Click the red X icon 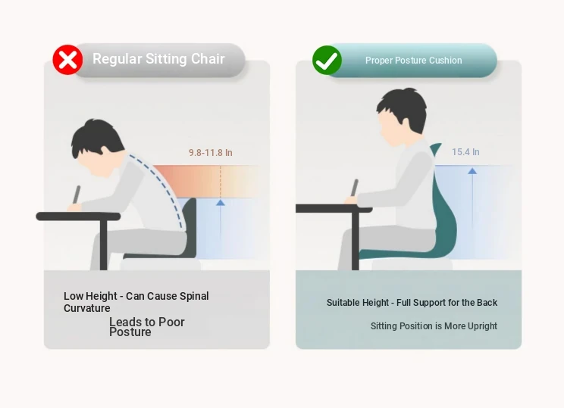pyautogui.click(x=67, y=60)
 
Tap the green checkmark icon pyautogui.click(x=327, y=60)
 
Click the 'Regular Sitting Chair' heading pyautogui.click(x=158, y=59)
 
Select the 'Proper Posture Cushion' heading pyautogui.click(x=414, y=61)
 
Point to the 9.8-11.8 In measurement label pyautogui.click(x=211, y=153)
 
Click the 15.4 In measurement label pyautogui.click(x=465, y=152)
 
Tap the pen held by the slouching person pyautogui.click(x=77, y=195)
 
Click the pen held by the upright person pyautogui.click(x=355, y=188)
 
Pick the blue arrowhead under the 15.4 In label pyautogui.click(x=472, y=171)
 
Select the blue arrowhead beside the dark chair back pyautogui.click(x=221, y=203)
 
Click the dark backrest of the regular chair pyautogui.click(x=190, y=226)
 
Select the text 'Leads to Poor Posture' pyautogui.click(x=147, y=327)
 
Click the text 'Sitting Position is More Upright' pyautogui.click(x=434, y=326)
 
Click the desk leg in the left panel pyautogui.click(x=104, y=245)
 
